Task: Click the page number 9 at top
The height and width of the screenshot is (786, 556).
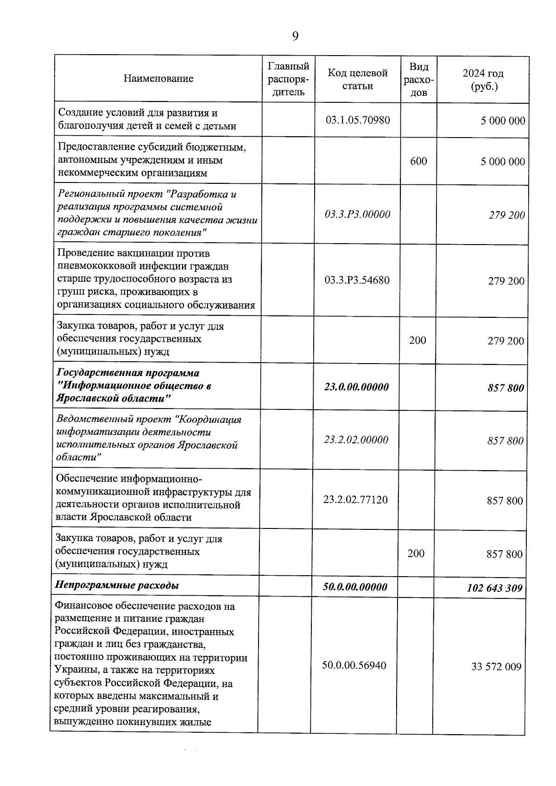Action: [296, 36]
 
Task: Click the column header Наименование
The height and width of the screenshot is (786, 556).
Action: [158, 78]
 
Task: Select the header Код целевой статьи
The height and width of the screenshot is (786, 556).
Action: [357, 79]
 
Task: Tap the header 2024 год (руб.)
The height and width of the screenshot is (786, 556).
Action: [483, 80]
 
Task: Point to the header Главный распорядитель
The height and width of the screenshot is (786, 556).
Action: [288, 79]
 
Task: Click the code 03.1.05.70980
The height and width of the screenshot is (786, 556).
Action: [357, 120]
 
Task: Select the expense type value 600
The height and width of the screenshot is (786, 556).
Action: [418, 161]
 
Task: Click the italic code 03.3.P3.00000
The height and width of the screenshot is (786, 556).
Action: [357, 214]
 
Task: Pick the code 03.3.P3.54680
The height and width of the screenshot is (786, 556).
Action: [357, 280]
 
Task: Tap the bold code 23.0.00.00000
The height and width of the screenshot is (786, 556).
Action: [356, 387]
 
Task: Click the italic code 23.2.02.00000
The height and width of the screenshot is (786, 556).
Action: [356, 440]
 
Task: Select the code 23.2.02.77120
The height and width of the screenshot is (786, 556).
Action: [355, 500]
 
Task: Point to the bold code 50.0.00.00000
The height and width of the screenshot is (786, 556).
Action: [355, 587]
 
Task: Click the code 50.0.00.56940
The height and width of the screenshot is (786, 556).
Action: [354, 666]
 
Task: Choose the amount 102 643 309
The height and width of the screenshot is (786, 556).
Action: [494, 588]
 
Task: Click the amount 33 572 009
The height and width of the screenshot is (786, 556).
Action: [496, 667]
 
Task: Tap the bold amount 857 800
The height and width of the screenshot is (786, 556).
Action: [505, 388]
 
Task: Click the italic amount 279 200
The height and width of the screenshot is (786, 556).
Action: [506, 215]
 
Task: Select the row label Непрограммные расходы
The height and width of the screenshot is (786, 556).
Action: [117, 585]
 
